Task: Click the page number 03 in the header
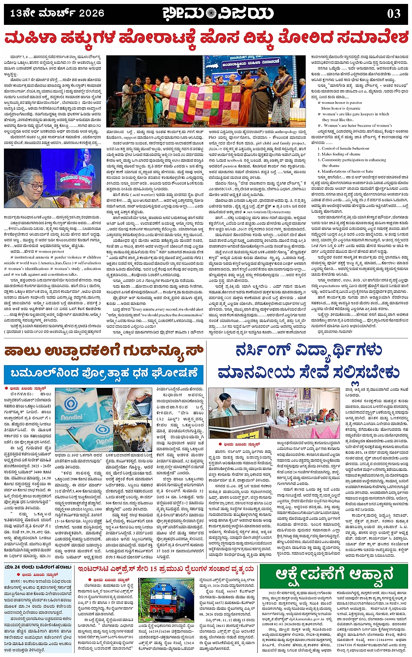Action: (x=393, y=14)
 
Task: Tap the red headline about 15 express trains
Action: (x=165, y=569)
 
